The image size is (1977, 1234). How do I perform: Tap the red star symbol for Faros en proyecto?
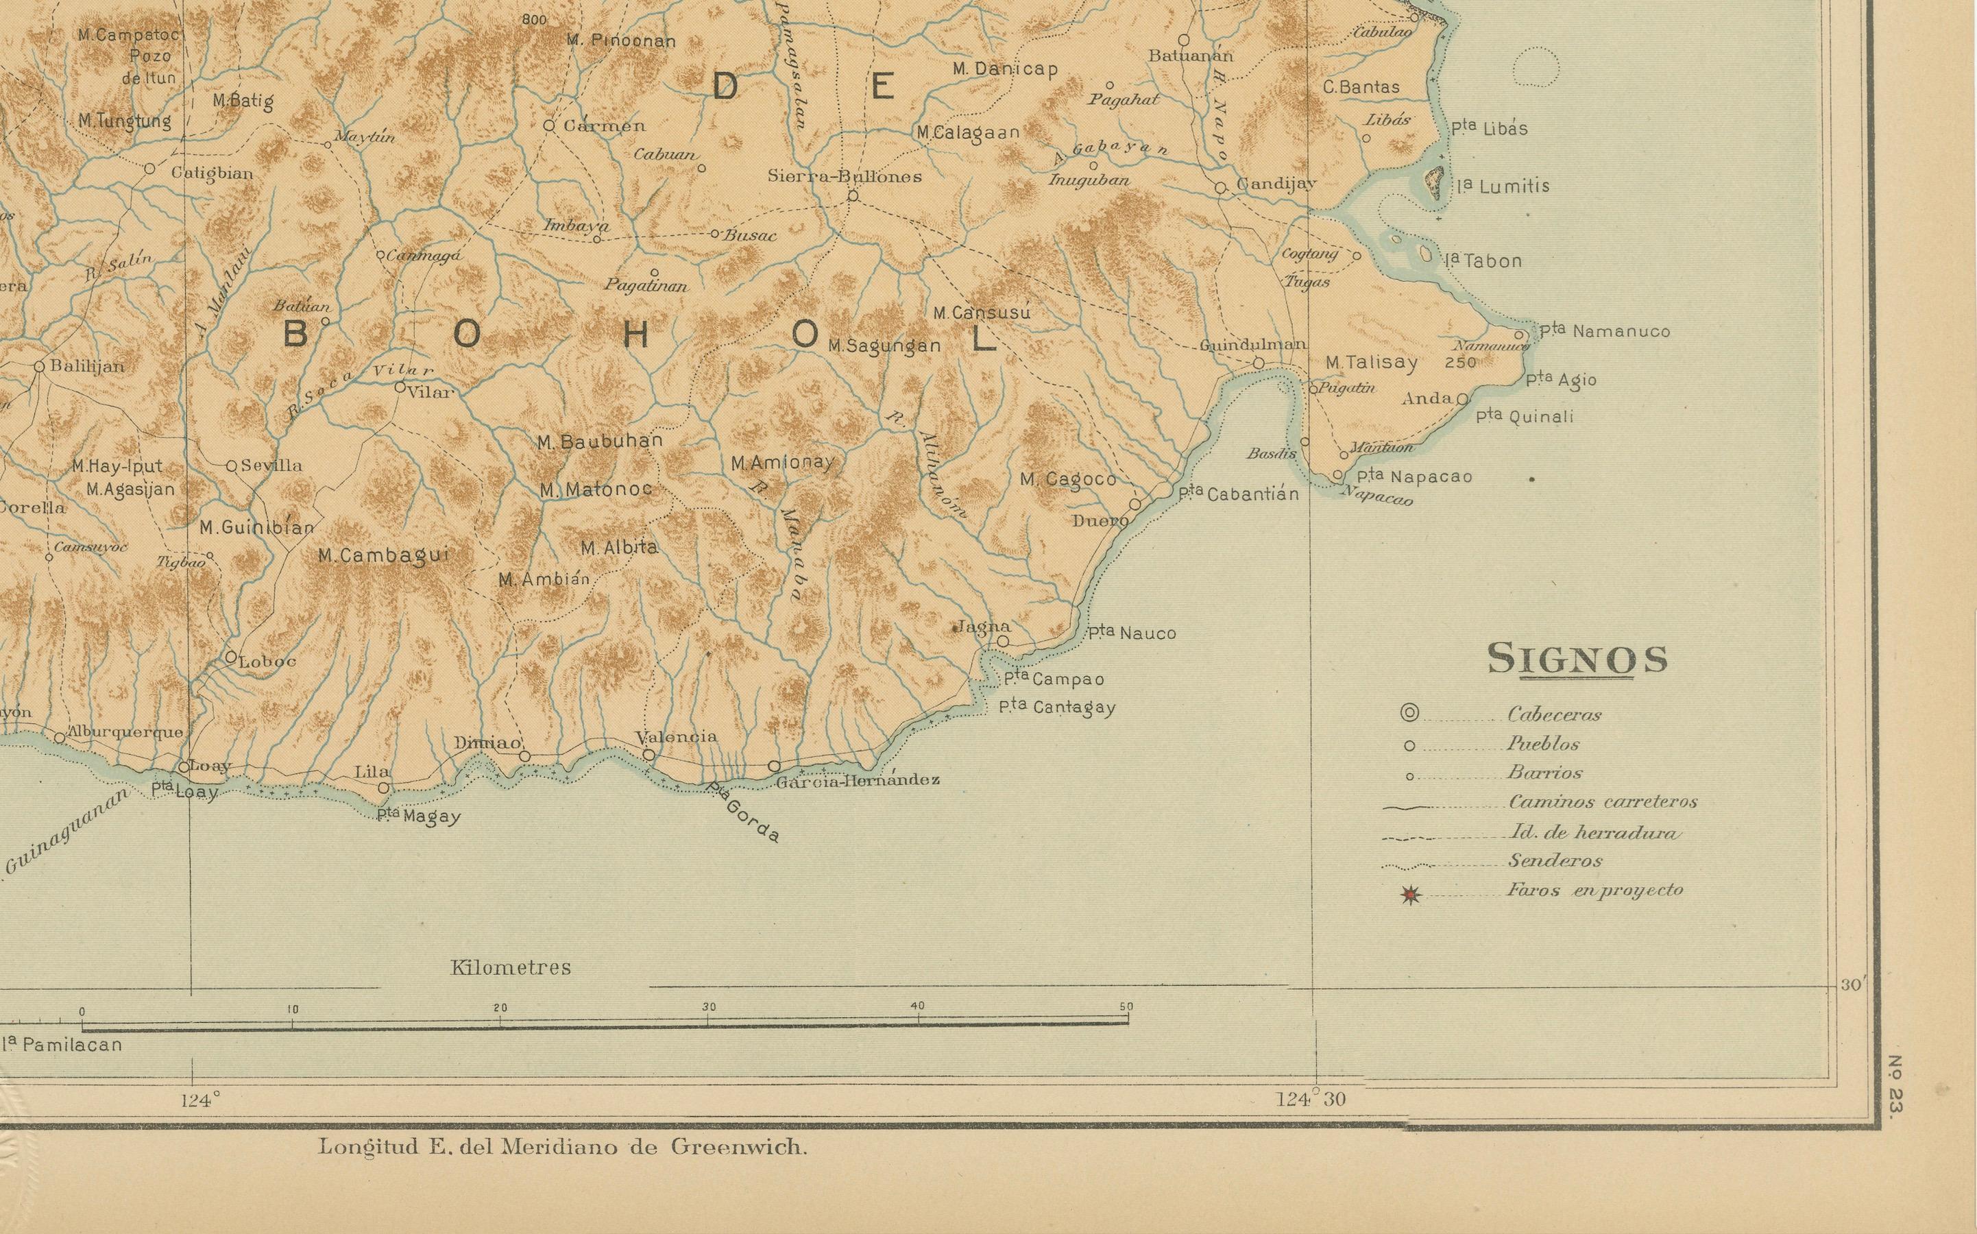pos(1411,896)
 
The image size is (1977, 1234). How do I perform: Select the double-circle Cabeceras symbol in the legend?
pos(1409,713)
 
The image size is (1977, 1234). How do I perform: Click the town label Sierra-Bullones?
pos(845,176)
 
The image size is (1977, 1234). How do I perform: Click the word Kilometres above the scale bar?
pos(511,968)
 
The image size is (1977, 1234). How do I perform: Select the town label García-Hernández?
pos(858,780)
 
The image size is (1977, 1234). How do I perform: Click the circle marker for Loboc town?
pos(231,656)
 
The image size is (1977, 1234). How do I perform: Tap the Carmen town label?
pos(605,125)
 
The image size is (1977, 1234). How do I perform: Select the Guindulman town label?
pos(1252,346)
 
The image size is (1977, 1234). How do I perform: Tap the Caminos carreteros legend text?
pos(1603,801)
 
